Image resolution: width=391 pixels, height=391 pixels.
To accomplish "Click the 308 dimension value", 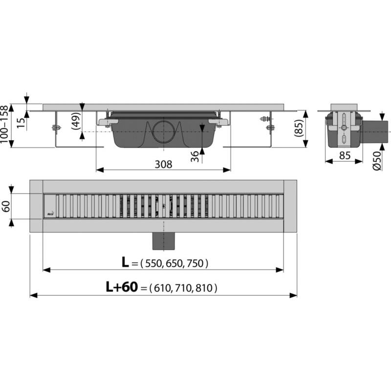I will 163,164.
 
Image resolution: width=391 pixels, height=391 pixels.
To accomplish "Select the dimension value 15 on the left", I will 21,122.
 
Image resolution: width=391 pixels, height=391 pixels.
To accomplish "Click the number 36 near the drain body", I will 195,156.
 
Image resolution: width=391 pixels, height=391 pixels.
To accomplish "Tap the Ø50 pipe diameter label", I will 377,161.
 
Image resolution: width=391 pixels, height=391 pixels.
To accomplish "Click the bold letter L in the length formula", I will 125,263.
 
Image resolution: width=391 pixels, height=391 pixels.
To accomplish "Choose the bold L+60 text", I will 122,288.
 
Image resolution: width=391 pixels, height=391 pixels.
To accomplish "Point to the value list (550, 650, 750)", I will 174,263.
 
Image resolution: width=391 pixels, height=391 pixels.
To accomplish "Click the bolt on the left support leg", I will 55,129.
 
